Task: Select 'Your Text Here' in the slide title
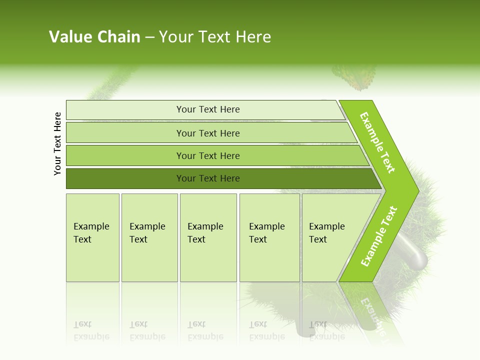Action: (215, 37)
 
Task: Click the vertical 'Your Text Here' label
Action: (58, 143)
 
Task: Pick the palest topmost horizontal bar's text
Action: (208, 109)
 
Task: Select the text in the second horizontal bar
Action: (208, 133)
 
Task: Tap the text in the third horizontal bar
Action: (208, 155)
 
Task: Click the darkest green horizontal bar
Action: (208, 178)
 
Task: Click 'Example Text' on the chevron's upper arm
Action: (377, 142)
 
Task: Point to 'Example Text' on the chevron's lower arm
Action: (379, 236)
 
